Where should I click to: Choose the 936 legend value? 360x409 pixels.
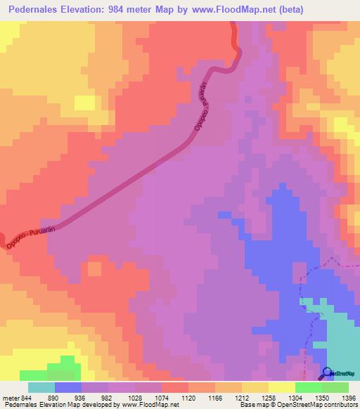click(87, 397)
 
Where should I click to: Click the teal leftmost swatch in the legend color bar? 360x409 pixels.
click(41, 387)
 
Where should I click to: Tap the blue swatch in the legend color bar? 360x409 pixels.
click(68, 387)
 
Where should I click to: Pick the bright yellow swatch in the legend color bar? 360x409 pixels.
click(281, 387)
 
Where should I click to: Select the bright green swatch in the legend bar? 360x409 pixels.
click(308, 387)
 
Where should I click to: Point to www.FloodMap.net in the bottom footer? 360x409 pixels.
click(148, 405)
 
